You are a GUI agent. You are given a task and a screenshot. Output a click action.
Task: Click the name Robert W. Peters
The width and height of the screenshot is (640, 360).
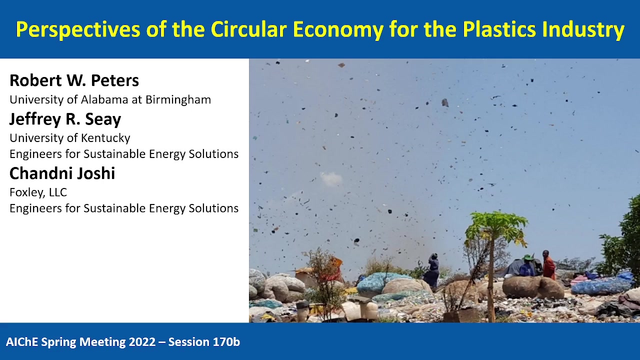(74, 80)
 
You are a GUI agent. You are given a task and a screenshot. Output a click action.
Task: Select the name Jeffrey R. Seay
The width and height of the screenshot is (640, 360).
(65, 119)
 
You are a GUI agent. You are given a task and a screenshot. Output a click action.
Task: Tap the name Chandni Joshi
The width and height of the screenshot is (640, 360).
(62, 173)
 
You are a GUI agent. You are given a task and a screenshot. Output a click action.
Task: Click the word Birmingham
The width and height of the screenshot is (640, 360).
(178, 99)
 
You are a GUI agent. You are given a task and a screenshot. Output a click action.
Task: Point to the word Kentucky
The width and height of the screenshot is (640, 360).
(105, 138)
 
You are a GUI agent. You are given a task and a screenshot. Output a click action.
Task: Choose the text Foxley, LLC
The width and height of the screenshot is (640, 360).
(38, 192)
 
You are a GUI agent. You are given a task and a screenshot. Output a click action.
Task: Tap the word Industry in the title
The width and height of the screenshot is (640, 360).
(583, 30)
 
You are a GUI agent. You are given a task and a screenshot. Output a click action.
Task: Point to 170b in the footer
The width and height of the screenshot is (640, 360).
(226, 342)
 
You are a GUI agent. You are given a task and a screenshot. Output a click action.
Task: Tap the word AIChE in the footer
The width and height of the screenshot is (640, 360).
(22, 342)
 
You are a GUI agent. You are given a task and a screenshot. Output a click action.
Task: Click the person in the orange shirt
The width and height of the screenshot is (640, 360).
(549, 265)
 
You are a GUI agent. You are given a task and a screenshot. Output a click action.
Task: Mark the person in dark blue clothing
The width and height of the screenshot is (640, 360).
(432, 270)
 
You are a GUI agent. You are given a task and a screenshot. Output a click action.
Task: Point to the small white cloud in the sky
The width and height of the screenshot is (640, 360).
(331, 178)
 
